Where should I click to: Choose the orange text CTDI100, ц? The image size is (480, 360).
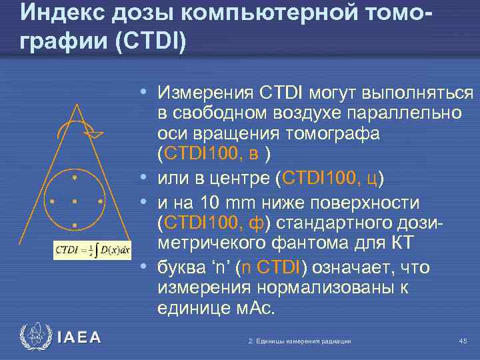click(x=330, y=178)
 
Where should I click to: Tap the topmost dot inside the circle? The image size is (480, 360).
click(x=75, y=177)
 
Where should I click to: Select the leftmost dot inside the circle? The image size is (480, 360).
click(x=51, y=201)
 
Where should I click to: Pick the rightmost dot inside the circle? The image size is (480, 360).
click(x=99, y=201)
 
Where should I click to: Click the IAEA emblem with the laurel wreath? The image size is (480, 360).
click(x=35, y=337)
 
